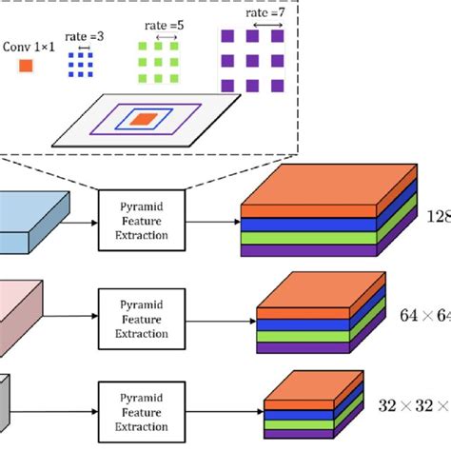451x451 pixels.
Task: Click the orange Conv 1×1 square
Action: tap(27, 66)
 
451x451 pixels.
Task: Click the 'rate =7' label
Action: tap(253, 13)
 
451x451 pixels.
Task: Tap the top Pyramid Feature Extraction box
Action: tap(142, 219)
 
